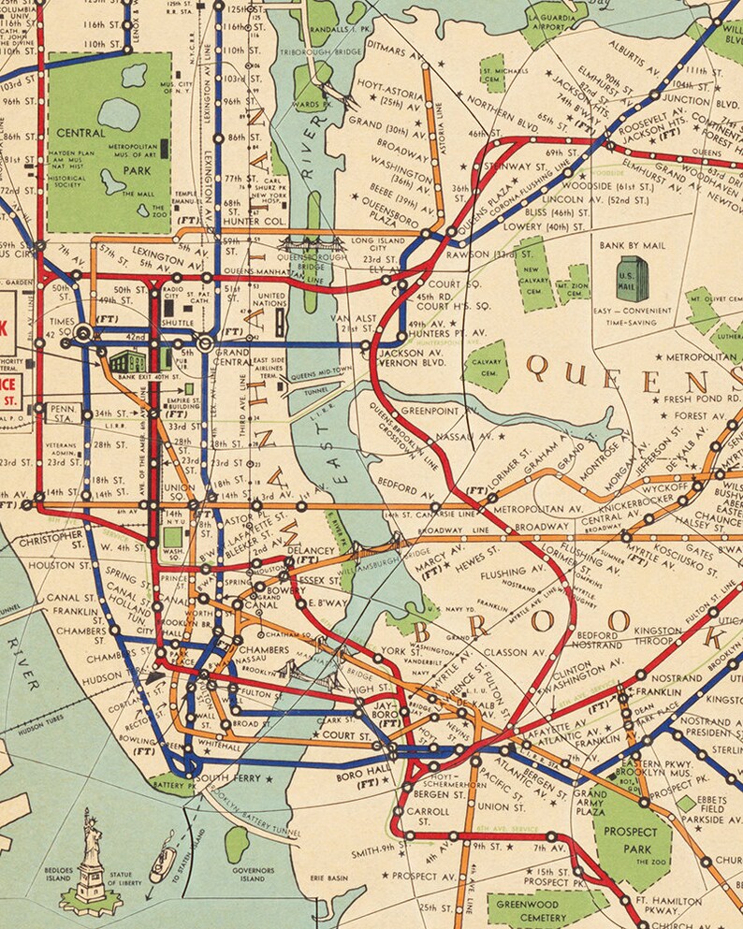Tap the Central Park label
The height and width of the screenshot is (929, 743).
point(80,145)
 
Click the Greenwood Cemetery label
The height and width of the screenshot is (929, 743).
point(526,910)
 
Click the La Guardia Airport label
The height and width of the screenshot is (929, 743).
point(553,22)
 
